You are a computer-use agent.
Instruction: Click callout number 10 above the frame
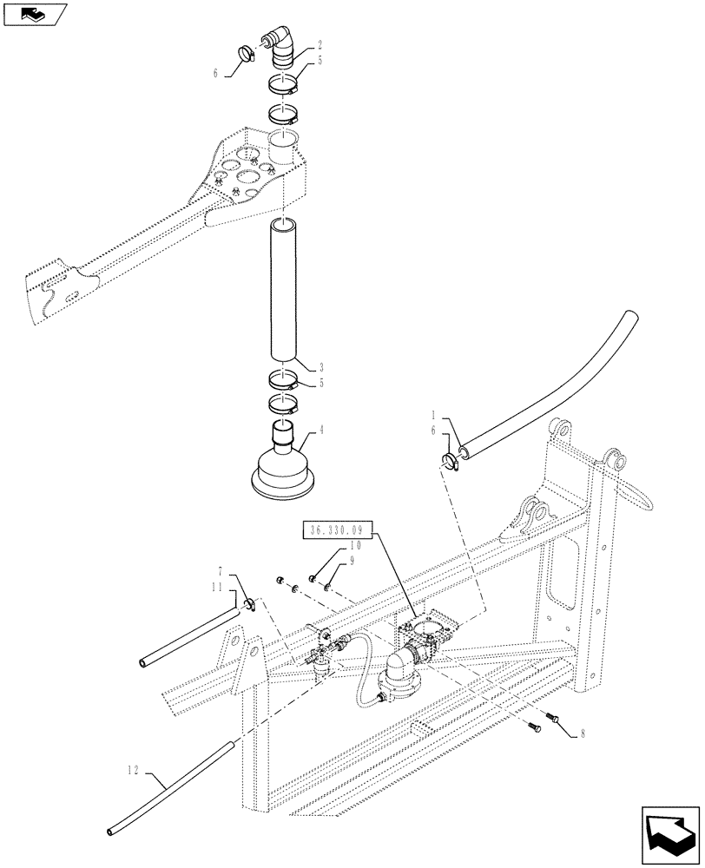point(355,546)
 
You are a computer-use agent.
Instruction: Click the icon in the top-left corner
point(33,13)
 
